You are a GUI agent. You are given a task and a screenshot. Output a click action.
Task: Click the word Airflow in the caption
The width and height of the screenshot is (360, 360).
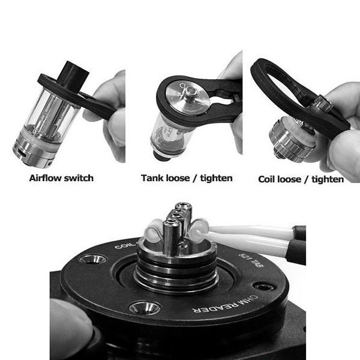(44, 178)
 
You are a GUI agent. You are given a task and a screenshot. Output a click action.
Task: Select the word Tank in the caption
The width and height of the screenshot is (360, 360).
(152, 178)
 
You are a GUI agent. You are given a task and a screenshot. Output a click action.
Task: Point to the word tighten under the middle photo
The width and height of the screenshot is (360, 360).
(216, 178)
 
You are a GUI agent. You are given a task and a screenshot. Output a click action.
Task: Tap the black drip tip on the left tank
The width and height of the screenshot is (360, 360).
(74, 76)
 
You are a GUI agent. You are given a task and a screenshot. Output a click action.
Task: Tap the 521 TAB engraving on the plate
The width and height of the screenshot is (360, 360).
(251, 260)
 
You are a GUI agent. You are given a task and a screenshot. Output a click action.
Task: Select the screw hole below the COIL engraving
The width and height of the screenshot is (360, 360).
(92, 259)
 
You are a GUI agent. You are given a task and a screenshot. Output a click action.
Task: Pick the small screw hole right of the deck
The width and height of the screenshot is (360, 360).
(264, 287)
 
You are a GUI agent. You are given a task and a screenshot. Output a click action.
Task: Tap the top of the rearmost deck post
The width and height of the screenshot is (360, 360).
(184, 206)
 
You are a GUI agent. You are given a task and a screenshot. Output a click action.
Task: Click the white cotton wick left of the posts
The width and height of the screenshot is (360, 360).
(153, 231)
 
